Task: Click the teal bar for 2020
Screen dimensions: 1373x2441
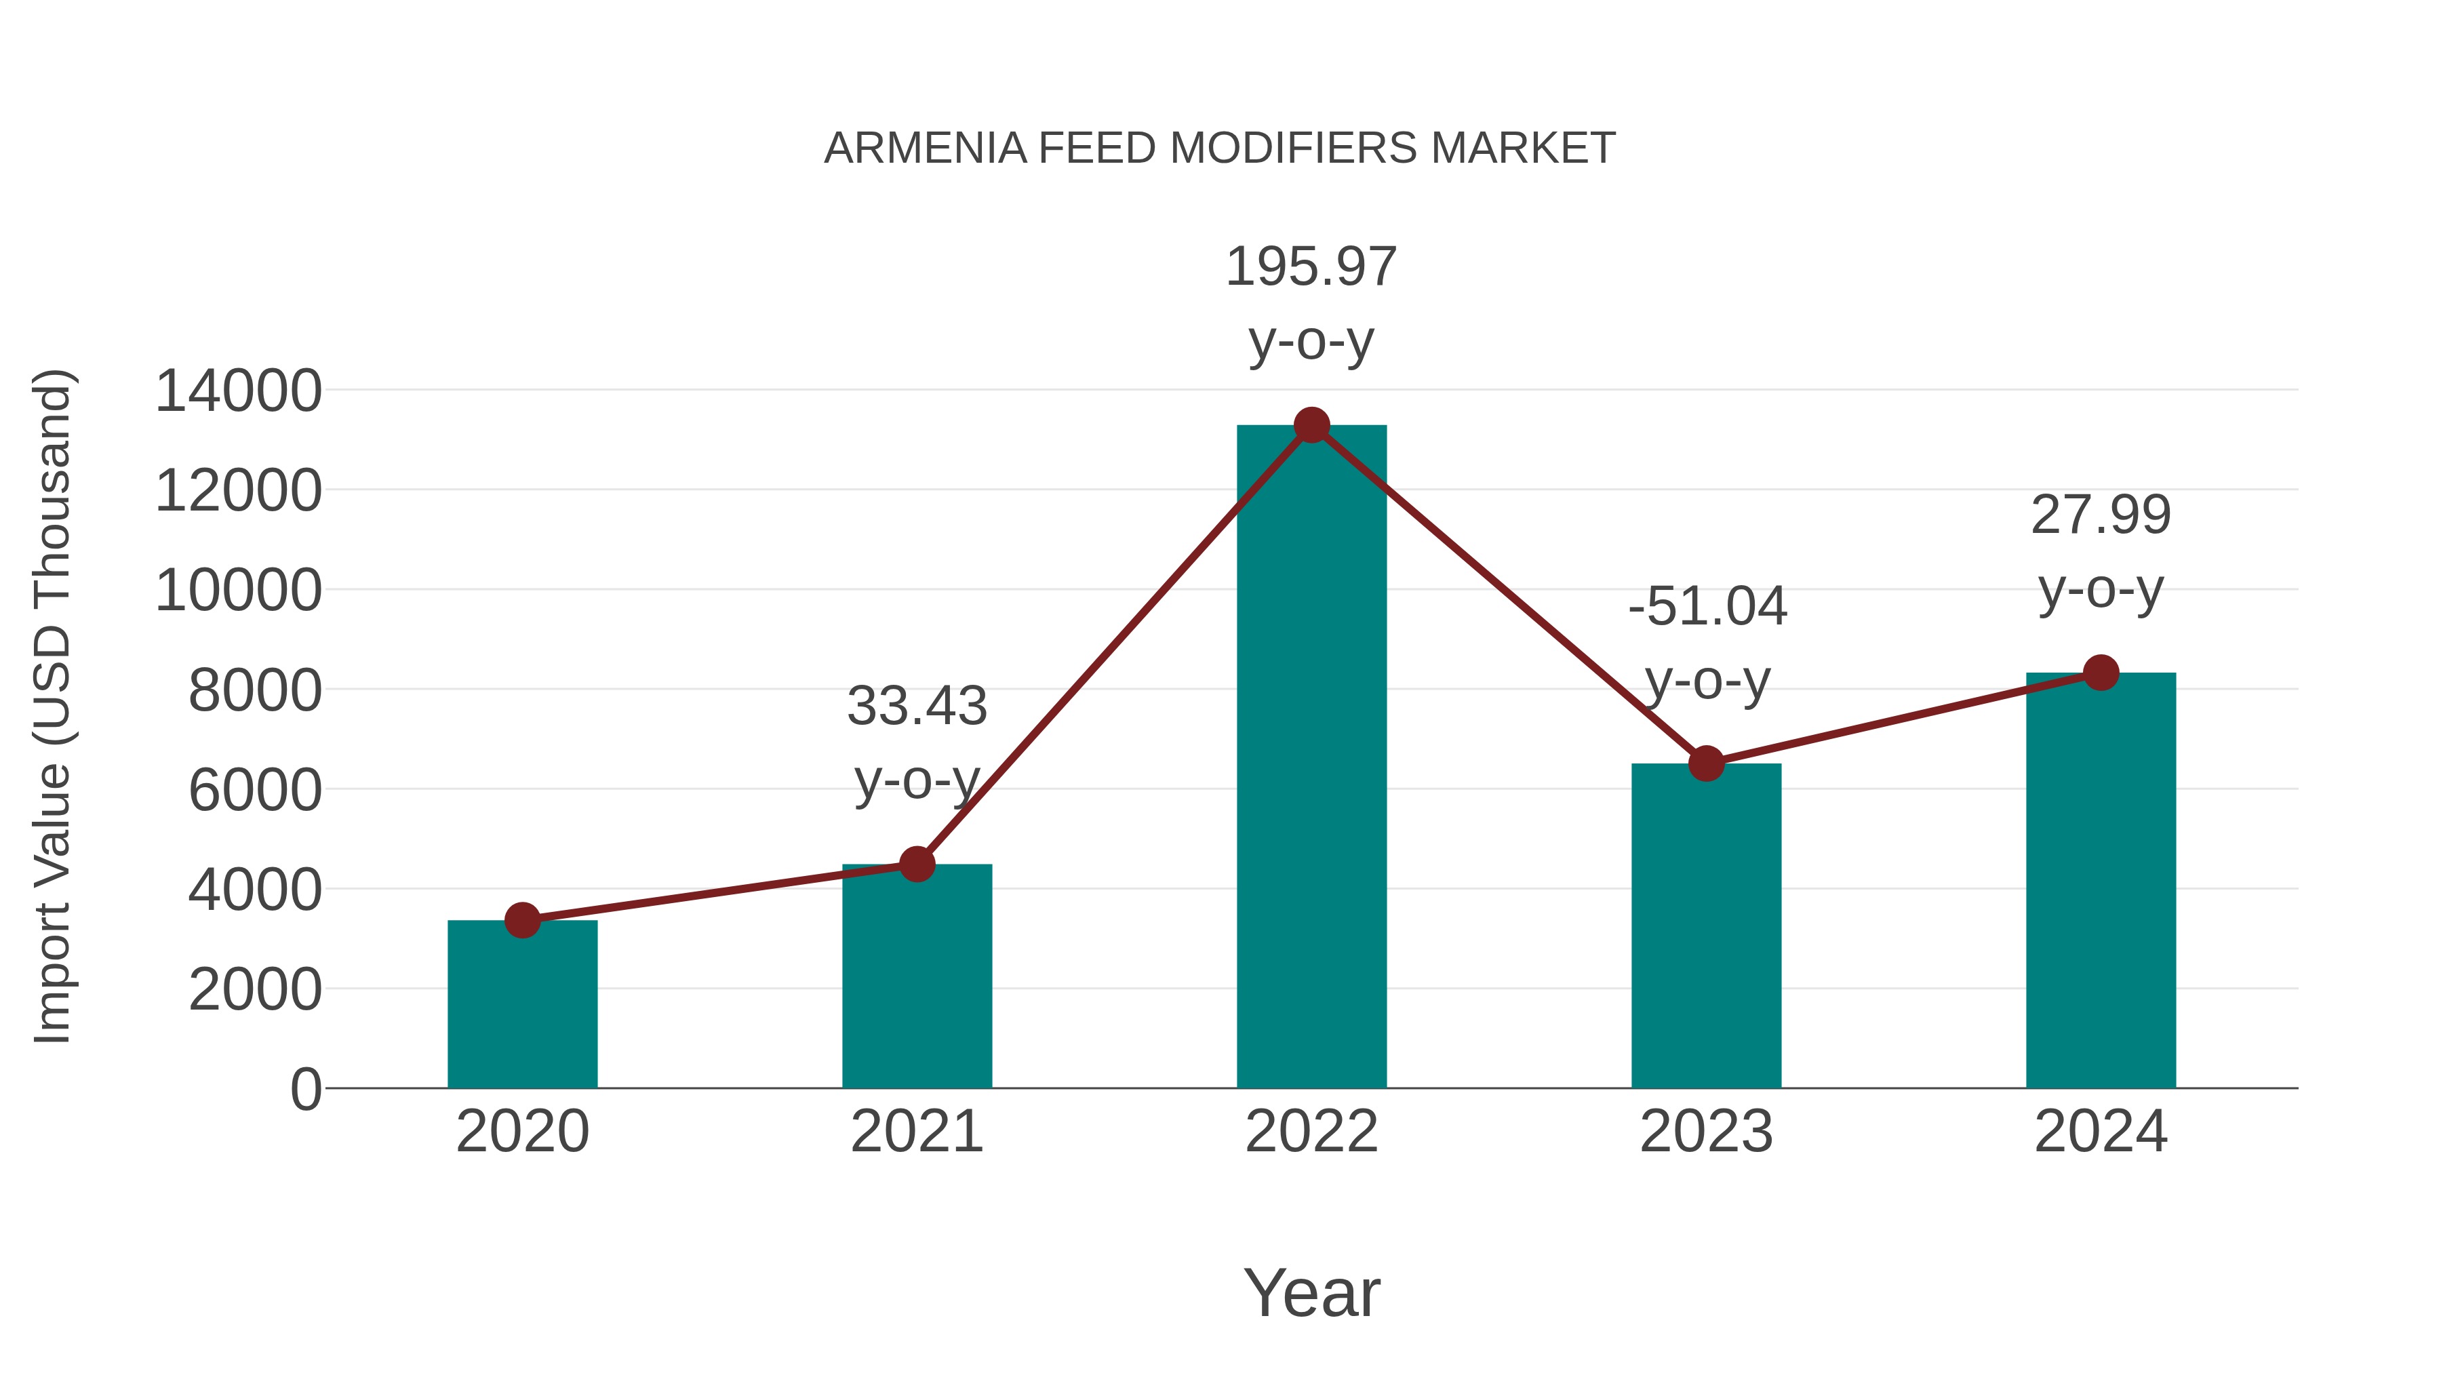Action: point(522,1004)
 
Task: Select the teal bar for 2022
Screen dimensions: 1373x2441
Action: point(1311,758)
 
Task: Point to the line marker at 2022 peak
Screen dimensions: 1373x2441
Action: point(1311,425)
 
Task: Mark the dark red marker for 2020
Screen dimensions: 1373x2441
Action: point(522,920)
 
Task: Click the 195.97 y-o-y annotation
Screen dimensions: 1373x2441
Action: point(1311,302)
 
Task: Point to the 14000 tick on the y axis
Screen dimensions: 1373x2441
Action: point(238,391)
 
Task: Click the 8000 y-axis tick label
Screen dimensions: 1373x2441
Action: point(255,691)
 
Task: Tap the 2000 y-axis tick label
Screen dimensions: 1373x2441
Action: point(255,990)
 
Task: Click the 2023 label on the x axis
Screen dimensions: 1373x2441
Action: point(1706,1132)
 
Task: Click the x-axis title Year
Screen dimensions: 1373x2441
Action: point(1311,1292)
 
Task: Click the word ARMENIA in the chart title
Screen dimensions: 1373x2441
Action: point(925,148)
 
